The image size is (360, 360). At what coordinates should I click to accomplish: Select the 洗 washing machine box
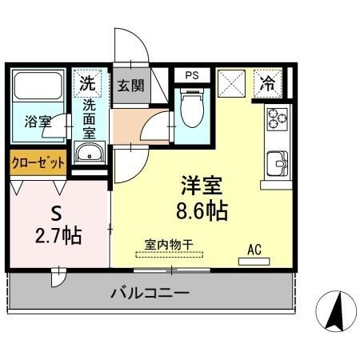point(88,82)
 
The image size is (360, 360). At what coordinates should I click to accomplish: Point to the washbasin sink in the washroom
point(88,154)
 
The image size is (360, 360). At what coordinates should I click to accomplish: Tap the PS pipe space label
point(191,75)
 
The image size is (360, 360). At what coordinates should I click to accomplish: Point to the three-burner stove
point(278,119)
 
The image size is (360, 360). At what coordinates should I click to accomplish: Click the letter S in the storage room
point(57,214)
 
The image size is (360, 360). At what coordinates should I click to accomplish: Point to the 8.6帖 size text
point(201,212)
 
